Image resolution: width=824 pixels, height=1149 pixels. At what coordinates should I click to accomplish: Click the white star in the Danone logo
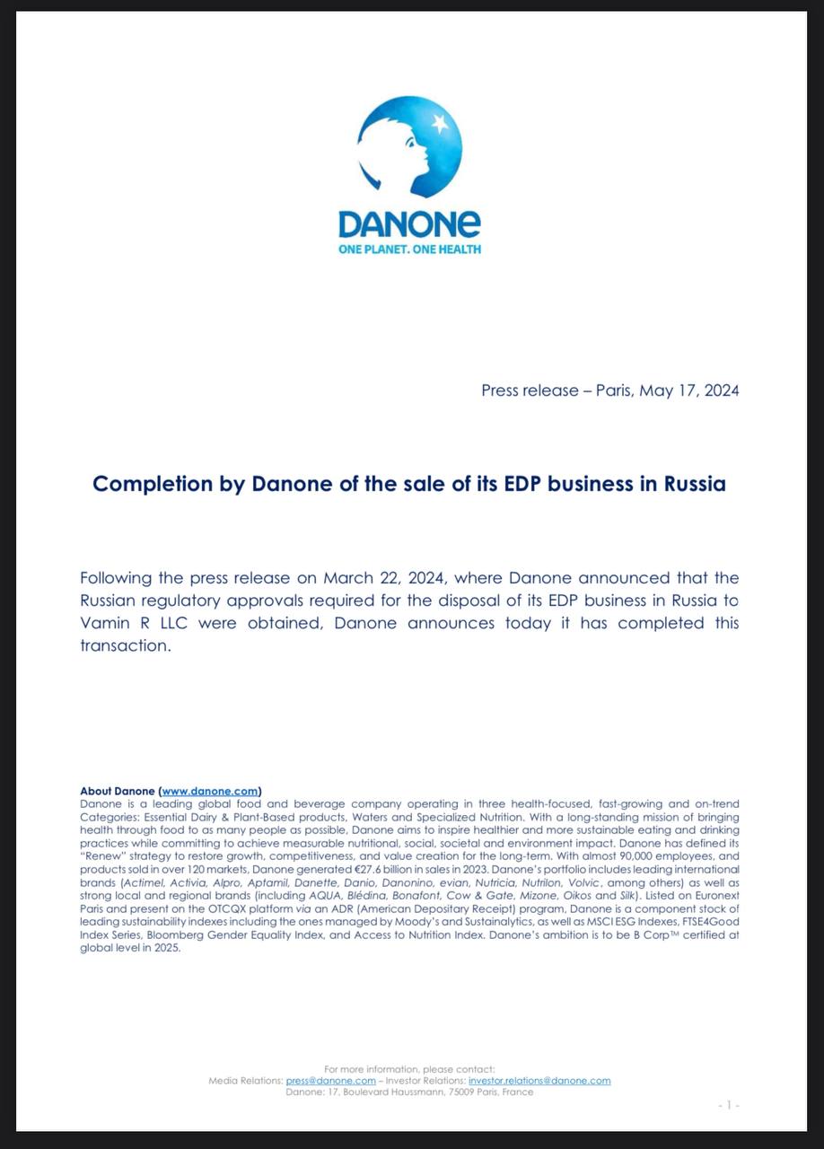point(440,123)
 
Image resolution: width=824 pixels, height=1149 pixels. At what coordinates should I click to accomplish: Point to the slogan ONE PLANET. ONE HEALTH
point(409,249)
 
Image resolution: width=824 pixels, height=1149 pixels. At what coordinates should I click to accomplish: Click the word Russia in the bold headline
point(695,484)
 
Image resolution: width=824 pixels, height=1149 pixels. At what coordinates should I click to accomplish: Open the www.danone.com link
point(210,791)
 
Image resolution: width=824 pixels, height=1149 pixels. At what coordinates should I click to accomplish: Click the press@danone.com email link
point(330,1081)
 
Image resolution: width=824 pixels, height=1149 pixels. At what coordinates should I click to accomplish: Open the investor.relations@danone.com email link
point(539,1081)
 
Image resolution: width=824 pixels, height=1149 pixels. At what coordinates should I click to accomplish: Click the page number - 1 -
point(729,1105)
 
